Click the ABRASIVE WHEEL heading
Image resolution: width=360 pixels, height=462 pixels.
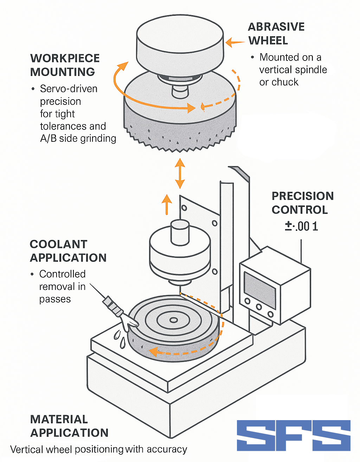276,34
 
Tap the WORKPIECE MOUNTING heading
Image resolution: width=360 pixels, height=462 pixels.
65,65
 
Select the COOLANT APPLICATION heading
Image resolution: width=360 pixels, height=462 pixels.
68,251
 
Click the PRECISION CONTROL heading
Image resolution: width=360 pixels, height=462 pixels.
302,203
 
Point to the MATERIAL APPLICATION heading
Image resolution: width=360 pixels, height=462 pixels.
69,426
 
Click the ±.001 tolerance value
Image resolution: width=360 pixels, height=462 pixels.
301,226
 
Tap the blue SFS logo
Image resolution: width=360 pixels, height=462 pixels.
294,435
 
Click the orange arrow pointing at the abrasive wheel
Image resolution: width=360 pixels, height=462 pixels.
234,43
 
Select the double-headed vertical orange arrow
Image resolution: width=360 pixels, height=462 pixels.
180,173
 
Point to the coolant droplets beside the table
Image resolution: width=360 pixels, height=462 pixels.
120,338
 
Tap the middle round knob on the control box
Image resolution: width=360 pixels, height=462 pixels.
259,307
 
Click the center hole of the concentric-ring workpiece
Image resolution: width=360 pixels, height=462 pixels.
173,320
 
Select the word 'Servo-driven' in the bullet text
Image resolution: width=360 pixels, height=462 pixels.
69,89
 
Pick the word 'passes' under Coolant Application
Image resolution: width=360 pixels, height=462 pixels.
55,299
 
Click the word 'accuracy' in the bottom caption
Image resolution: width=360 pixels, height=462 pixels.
167,449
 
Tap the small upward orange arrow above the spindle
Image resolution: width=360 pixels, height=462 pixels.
167,204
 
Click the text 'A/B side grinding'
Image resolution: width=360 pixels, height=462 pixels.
78,139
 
